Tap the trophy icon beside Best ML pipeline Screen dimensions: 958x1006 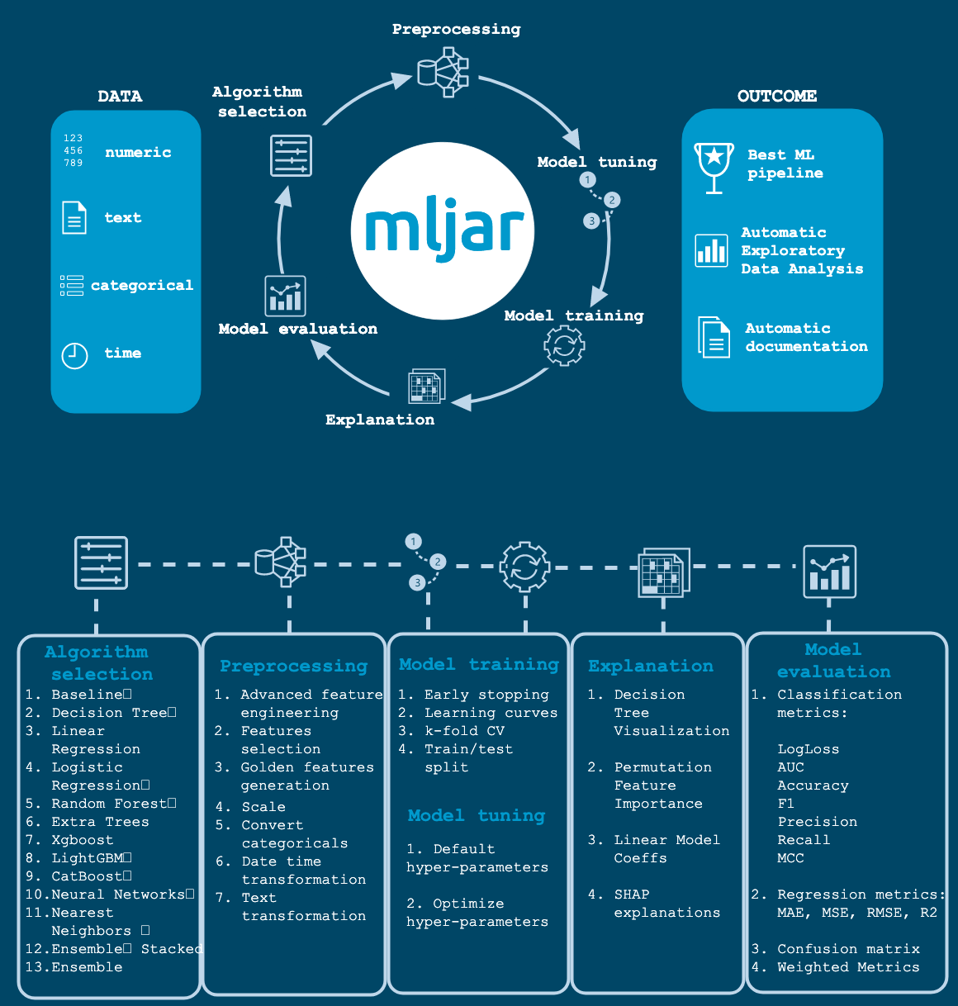tap(714, 168)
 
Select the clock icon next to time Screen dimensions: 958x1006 tap(74, 356)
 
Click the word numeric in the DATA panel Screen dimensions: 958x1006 tap(138, 152)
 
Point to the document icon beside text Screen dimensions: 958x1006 tap(74, 217)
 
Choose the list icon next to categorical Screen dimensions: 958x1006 tap(72, 286)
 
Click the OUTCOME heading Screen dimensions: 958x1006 tap(777, 96)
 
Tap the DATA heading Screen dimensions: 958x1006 tap(121, 96)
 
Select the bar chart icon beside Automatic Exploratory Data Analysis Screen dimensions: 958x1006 tap(711, 251)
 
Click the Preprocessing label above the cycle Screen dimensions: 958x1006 tap(457, 29)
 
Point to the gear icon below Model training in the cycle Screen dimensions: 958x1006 tap(564, 346)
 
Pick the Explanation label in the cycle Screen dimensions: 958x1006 tap(380, 420)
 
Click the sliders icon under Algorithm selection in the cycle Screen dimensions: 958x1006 tap(291, 155)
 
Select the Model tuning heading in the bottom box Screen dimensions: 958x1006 tap(477, 815)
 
